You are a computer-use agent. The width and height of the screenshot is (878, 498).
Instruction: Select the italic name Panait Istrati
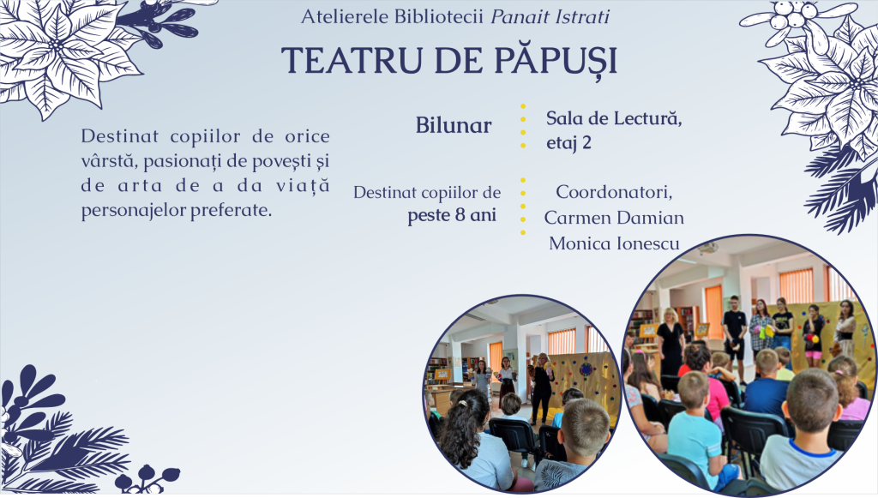point(550,17)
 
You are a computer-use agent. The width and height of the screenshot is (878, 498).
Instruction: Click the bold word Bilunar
point(454,125)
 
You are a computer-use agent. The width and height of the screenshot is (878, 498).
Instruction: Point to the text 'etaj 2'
point(569,143)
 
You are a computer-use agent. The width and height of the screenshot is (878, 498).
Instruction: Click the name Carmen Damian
point(614,218)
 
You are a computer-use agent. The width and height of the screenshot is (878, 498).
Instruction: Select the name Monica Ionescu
point(614,243)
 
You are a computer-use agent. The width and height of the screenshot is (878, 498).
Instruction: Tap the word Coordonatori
point(614,192)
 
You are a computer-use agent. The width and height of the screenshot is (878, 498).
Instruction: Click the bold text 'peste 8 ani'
point(452,215)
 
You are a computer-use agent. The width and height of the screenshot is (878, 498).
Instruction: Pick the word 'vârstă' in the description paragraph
point(109,161)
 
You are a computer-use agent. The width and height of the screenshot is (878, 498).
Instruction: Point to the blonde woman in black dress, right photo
point(670,341)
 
